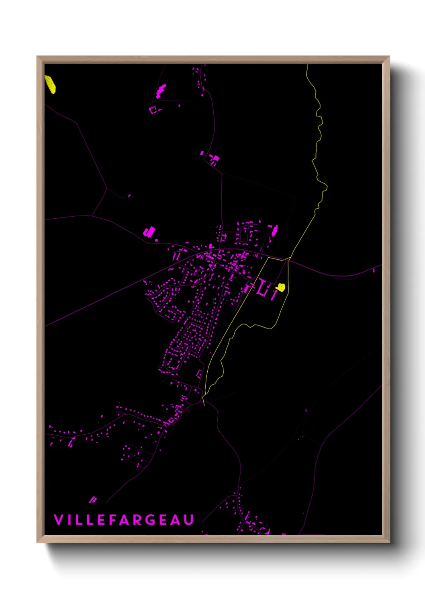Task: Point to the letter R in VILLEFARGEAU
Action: pyautogui.click(x=137, y=519)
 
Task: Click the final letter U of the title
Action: pyautogui.click(x=189, y=519)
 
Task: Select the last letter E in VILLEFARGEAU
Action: pyautogui.click(x=163, y=519)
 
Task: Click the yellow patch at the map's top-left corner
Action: pyautogui.click(x=50, y=84)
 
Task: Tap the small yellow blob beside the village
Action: pyautogui.click(x=280, y=287)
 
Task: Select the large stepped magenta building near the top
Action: pyautogui.click(x=161, y=91)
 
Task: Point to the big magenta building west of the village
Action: pyautogui.click(x=149, y=232)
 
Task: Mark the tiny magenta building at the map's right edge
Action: pyautogui.click(x=374, y=270)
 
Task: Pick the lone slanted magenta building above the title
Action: pyautogui.click(x=93, y=499)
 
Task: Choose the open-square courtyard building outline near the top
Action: pyautogui.click(x=153, y=109)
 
